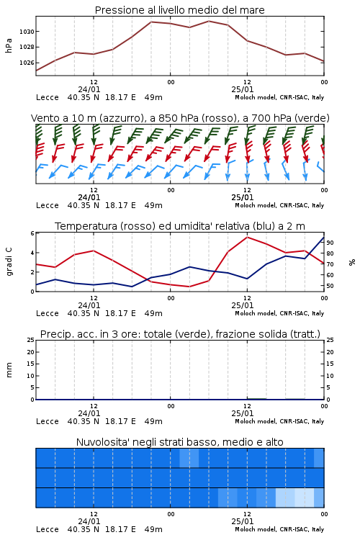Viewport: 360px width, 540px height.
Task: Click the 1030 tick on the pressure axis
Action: tap(27, 32)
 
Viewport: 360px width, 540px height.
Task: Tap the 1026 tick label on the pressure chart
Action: tap(27, 63)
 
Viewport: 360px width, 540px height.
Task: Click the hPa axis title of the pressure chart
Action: tap(9, 46)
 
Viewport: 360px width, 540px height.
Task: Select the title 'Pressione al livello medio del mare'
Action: tap(180, 10)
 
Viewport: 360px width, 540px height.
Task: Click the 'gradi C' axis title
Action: tap(9, 262)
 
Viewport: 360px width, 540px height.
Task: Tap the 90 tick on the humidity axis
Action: tap(330, 243)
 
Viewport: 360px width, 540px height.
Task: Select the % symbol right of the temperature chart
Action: tap(352, 262)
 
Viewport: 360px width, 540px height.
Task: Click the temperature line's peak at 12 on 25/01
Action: tap(247, 237)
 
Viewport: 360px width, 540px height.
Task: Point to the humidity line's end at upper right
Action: tap(323, 237)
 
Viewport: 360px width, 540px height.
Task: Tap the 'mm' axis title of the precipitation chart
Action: tap(9, 370)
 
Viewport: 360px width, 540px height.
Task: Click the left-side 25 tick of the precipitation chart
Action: tap(31, 341)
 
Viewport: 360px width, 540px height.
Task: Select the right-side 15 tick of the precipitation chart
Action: tap(330, 364)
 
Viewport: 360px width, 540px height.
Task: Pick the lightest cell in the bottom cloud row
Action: tap(304, 498)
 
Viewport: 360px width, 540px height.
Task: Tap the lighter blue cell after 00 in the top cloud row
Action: tap(189, 458)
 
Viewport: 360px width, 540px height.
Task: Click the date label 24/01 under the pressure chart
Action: tap(89, 89)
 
